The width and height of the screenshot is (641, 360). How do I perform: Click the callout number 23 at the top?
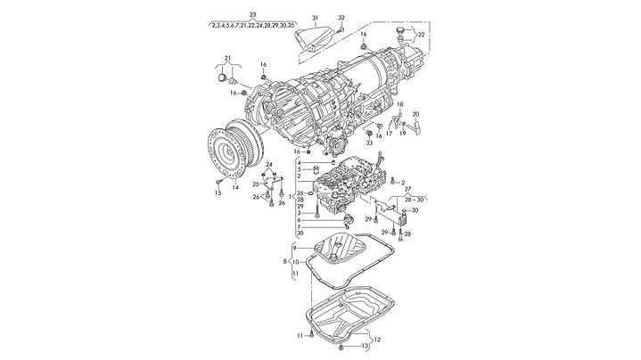[x=252, y=15]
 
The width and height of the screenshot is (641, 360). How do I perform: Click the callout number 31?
[x=315, y=18]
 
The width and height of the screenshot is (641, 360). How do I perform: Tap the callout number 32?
[x=341, y=18]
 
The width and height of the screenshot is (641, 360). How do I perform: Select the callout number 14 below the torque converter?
[x=235, y=187]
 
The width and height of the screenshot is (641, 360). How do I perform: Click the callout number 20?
[x=415, y=114]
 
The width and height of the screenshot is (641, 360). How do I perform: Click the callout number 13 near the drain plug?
[x=364, y=345]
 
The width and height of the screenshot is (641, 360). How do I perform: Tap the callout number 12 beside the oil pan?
[x=377, y=339]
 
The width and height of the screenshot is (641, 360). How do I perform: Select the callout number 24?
[x=268, y=165]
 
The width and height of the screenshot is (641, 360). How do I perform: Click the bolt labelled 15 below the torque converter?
[x=219, y=182]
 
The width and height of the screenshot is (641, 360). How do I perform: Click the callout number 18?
[x=400, y=105]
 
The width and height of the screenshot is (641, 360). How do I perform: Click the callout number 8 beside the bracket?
[x=285, y=261]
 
